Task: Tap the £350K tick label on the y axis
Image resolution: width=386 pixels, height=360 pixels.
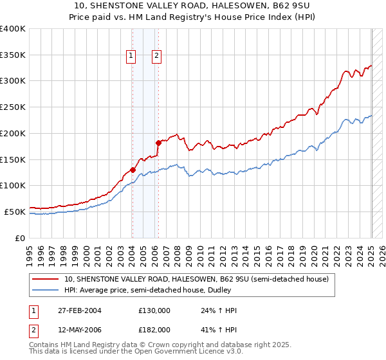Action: click(x=13, y=55)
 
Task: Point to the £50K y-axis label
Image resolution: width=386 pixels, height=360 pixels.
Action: click(x=15, y=212)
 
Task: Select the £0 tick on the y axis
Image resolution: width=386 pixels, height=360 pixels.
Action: click(x=21, y=238)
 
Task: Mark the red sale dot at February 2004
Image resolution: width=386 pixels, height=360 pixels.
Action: click(x=133, y=170)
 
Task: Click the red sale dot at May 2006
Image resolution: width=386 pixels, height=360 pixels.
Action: click(x=158, y=143)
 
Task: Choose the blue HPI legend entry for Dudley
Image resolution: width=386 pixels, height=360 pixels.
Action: click(x=167, y=290)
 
